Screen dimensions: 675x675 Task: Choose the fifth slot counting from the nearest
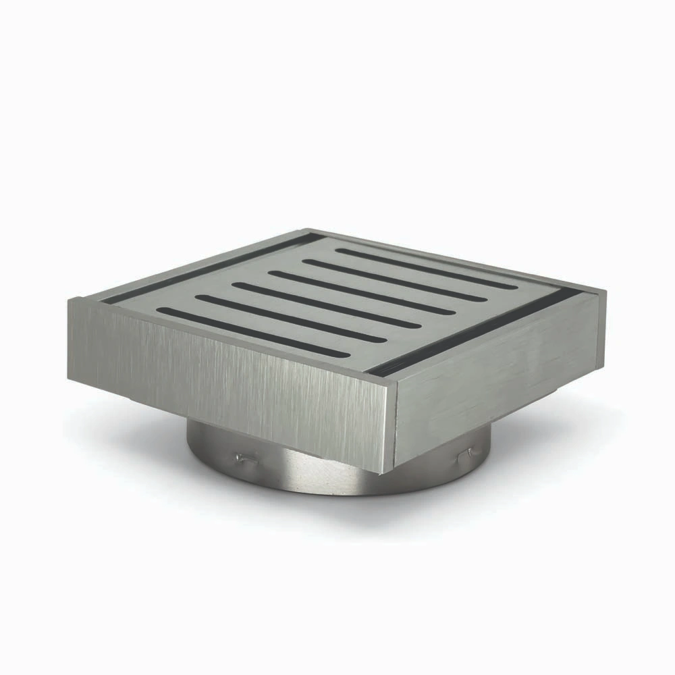(x=391, y=279)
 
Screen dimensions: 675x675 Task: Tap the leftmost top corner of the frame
(x=70, y=301)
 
